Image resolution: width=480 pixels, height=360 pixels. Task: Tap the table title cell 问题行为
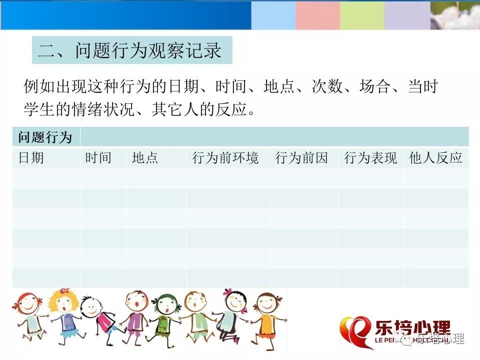(x=45, y=137)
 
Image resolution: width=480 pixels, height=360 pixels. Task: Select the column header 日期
(x=31, y=158)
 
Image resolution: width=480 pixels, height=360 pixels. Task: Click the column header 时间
(x=98, y=158)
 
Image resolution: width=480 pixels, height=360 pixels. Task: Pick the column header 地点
(x=145, y=158)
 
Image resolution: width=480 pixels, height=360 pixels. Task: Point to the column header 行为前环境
(x=225, y=158)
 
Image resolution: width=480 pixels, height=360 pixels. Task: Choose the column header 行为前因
(x=301, y=158)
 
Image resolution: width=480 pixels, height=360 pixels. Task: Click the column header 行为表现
(x=370, y=158)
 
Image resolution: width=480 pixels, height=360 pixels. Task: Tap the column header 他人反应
(x=435, y=158)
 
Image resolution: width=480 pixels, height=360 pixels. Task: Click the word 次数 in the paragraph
(x=327, y=86)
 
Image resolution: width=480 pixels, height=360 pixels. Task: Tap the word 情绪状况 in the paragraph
(x=103, y=109)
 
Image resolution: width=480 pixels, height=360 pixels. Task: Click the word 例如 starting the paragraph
(x=39, y=86)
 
